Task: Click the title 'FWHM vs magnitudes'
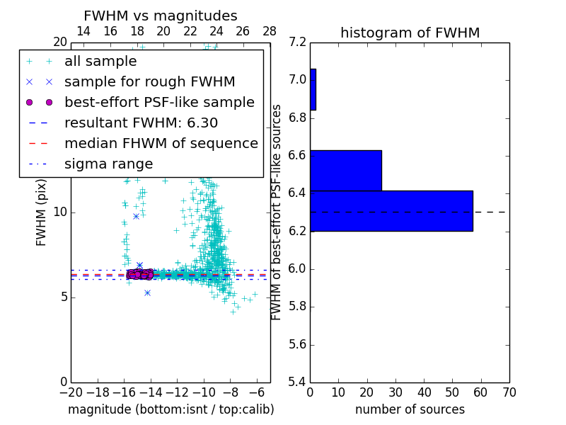160,16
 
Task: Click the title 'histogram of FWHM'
410,33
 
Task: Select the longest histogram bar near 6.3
391,210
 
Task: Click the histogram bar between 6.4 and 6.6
345,170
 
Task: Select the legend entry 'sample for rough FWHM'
149,81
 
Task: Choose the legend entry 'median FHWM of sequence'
161,143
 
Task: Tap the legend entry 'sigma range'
108,164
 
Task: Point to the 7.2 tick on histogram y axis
298,42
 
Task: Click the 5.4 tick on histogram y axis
298,382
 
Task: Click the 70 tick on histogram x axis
509,392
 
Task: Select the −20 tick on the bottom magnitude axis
71,392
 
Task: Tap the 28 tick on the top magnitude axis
270,31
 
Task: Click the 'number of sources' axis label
410,409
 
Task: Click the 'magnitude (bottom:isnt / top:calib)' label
171,409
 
